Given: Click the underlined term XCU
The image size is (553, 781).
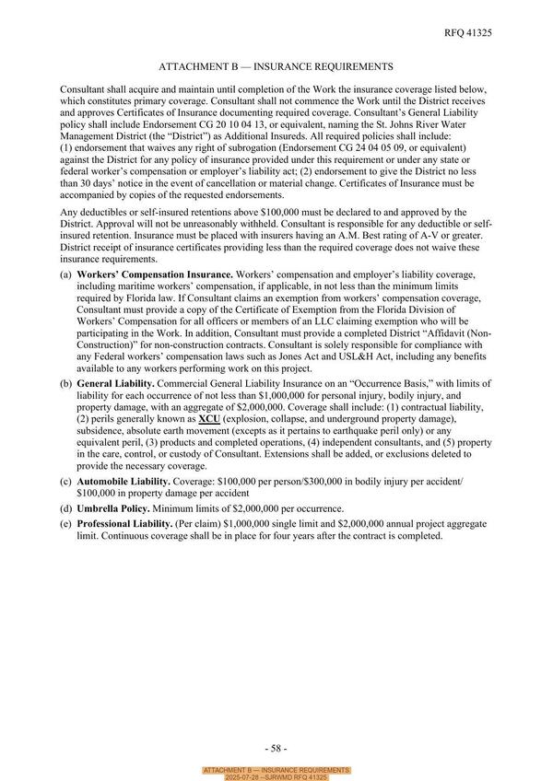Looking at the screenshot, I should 208,418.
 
